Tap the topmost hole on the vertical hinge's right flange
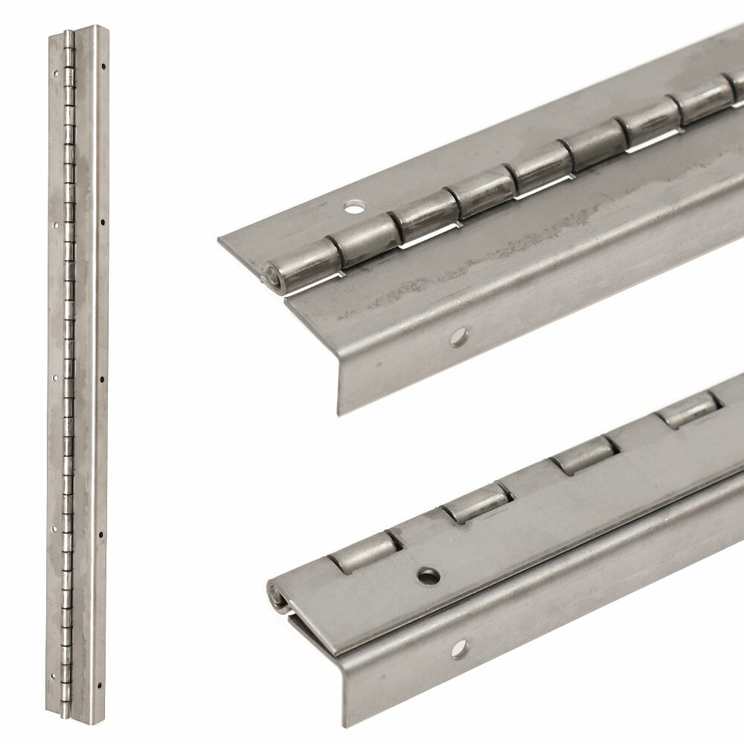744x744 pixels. coord(103,65)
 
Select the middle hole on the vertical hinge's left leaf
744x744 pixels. coord(54,377)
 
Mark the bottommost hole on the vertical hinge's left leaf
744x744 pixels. coord(53,676)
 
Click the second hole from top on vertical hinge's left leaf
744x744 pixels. coord(55,222)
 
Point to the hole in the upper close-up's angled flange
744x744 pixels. coord(459,337)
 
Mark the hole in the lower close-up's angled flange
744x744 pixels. coord(459,649)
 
